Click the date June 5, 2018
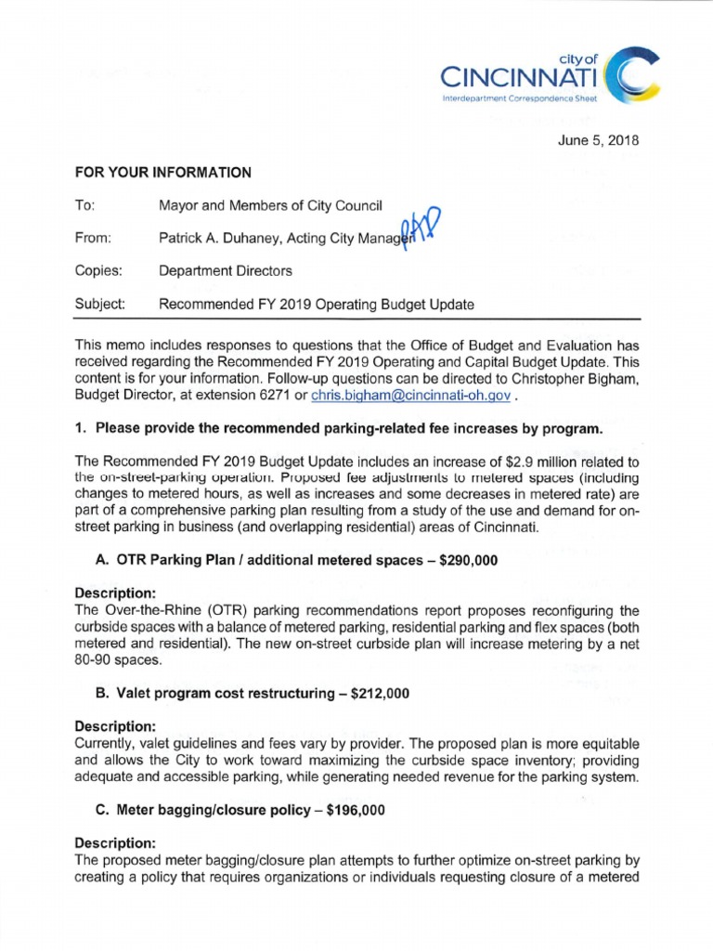(605, 141)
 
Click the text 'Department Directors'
(226, 271)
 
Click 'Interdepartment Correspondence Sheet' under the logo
(517, 97)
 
